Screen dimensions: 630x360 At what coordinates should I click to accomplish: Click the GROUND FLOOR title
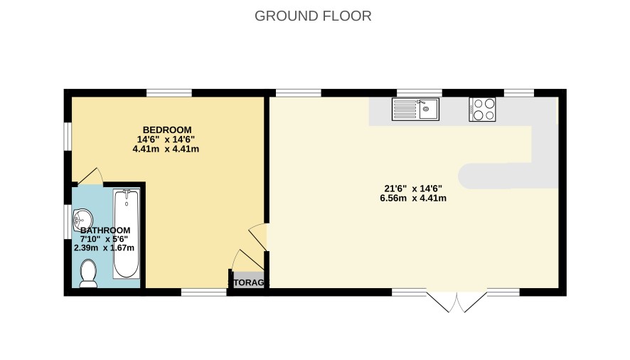(x=313, y=16)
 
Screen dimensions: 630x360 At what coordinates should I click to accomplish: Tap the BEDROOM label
(x=167, y=130)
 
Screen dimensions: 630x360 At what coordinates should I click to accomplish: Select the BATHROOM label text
(x=105, y=231)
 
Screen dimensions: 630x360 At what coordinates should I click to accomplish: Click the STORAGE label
(x=248, y=282)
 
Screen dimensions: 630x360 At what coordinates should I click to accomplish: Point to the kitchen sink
(x=415, y=110)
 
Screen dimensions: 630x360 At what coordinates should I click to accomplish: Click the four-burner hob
(x=482, y=110)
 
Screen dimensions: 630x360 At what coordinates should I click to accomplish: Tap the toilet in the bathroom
(x=88, y=273)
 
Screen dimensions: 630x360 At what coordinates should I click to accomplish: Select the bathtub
(x=127, y=233)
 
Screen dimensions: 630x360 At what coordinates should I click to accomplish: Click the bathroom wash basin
(x=82, y=220)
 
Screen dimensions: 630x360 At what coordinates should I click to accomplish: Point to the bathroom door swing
(x=91, y=177)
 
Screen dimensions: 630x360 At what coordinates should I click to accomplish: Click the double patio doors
(x=457, y=302)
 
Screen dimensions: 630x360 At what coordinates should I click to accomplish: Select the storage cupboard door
(x=247, y=260)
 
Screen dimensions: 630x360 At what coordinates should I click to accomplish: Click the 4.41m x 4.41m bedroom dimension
(x=166, y=149)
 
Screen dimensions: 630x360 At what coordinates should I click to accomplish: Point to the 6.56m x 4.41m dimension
(x=413, y=198)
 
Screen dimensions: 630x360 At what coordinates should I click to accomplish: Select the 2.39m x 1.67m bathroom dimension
(x=104, y=248)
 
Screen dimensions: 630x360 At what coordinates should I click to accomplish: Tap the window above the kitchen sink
(x=420, y=93)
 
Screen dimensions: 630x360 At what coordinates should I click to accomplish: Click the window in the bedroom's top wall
(x=169, y=93)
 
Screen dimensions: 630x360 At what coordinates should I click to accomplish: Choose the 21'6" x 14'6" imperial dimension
(x=413, y=189)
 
